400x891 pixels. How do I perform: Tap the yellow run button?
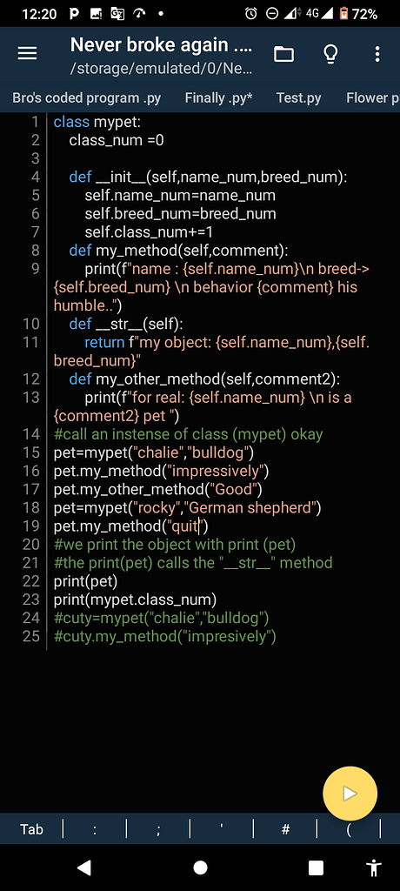(350, 794)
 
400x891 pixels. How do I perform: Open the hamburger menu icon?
(27, 53)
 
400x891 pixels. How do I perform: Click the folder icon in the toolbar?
(283, 54)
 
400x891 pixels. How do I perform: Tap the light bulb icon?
(330, 54)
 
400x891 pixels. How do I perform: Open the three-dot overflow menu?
(377, 54)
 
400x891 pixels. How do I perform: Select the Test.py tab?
(299, 97)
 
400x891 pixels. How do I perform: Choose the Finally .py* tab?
(219, 97)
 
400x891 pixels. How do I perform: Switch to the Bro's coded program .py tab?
(86, 97)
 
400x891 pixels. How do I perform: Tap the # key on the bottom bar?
(285, 829)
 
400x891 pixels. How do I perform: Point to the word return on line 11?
(104, 343)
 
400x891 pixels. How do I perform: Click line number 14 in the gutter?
(31, 435)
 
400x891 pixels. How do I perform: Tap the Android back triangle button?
(84, 868)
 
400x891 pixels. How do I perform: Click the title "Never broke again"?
(150, 44)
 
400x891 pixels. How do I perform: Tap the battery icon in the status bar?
(343, 14)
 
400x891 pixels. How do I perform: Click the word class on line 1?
(71, 122)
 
